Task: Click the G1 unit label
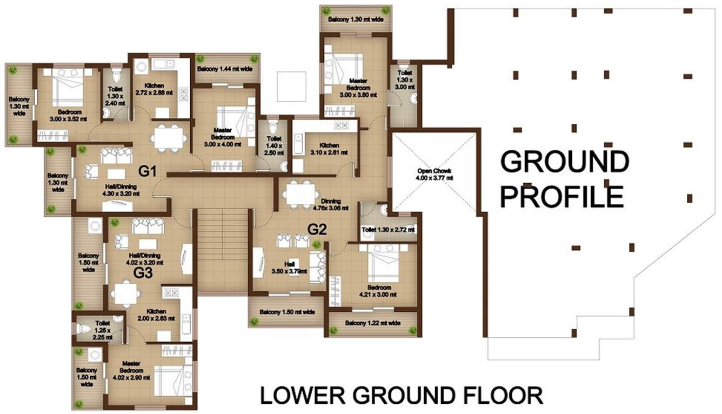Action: point(148,172)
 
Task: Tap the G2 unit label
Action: point(317,230)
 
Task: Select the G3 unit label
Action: point(143,272)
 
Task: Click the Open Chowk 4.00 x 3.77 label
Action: point(434,175)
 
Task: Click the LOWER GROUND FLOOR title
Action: point(402,395)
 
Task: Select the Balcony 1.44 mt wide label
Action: point(225,69)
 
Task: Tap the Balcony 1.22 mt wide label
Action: point(373,323)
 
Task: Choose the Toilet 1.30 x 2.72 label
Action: point(388,230)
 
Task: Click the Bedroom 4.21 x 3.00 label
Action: point(378,291)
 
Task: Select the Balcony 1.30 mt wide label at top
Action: point(356,19)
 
